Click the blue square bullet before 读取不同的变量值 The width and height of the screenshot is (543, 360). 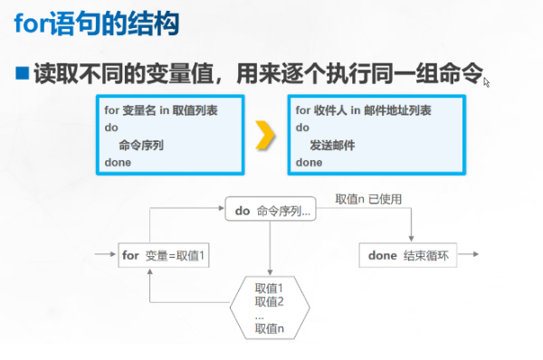(x=22, y=71)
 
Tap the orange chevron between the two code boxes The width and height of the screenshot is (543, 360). (x=264, y=135)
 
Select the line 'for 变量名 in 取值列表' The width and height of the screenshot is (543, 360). (x=160, y=110)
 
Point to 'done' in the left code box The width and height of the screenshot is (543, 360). (x=118, y=162)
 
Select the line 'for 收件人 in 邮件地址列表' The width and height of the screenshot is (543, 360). (x=363, y=110)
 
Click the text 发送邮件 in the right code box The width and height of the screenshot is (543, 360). (x=331, y=145)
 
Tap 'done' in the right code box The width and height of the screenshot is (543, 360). (x=309, y=162)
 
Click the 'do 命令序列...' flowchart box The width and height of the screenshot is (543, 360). (x=272, y=211)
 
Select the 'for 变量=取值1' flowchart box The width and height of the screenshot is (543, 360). (x=165, y=255)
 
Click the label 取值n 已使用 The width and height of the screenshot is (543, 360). (x=368, y=198)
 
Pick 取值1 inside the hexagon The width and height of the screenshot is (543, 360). (x=270, y=289)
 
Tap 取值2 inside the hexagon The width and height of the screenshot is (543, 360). (x=270, y=302)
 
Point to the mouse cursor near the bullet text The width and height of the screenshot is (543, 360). (x=487, y=82)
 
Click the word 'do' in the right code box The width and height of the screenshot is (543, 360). (x=302, y=128)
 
